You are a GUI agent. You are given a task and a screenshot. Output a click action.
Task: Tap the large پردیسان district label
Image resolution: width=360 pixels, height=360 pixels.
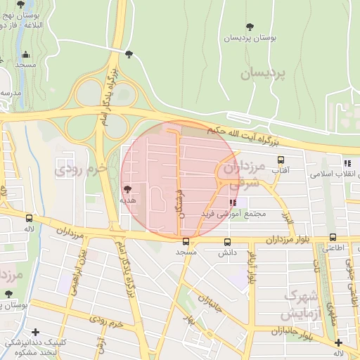tap(266, 73)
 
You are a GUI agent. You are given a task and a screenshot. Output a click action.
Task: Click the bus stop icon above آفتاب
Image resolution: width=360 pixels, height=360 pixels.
tap(281, 160)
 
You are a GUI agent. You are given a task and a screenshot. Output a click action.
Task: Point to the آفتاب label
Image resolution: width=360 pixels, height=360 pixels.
tap(281, 170)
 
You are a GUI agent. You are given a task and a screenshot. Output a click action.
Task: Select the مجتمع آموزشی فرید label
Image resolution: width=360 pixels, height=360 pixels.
tap(233, 213)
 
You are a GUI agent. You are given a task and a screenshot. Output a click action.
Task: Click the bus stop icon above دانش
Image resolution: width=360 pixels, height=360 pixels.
tap(226, 242)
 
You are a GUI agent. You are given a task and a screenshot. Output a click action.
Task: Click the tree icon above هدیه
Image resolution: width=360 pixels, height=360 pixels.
tap(127, 188)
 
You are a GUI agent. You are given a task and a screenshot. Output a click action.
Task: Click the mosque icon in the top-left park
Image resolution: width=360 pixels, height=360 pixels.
tap(26, 54)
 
